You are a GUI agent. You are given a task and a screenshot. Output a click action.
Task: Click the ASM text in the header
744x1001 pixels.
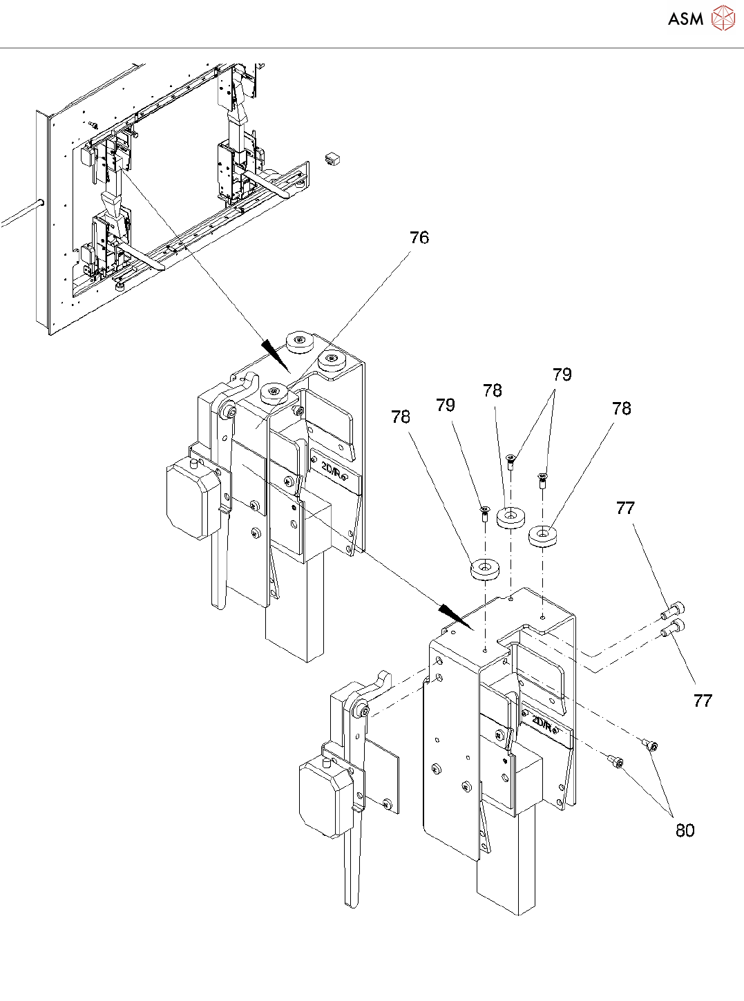click(685, 19)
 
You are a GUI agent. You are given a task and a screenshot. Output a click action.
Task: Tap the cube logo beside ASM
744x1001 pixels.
click(723, 19)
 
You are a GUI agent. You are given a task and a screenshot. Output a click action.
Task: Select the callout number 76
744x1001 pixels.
click(419, 238)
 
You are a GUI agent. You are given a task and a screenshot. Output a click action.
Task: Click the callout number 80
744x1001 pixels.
click(685, 830)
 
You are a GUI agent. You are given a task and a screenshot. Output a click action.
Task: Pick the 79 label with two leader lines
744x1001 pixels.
click(562, 374)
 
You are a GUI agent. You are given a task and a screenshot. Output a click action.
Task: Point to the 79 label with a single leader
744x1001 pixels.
click(446, 405)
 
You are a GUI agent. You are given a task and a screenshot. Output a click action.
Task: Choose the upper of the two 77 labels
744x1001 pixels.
click(624, 508)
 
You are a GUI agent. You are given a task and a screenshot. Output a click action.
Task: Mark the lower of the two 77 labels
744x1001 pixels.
click(702, 700)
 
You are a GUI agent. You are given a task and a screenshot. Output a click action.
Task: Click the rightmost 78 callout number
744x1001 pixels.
click(621, 409)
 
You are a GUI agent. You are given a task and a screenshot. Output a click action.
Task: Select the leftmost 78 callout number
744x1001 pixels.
click(401, 417)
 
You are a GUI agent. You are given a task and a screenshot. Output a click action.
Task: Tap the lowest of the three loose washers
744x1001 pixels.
click(486, 569)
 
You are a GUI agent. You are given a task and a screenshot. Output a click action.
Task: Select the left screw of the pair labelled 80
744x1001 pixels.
click(616, 761)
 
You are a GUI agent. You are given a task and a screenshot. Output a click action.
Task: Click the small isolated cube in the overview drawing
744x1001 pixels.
click(333, 158)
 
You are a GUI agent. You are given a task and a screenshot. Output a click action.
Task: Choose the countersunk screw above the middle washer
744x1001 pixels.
click(511, 461)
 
